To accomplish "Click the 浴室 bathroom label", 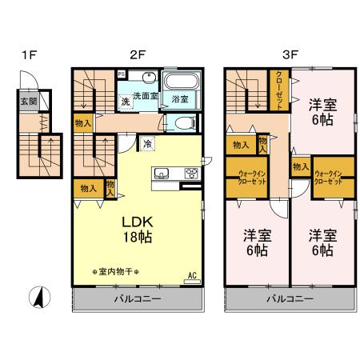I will pyautogui.click(x=180, y=99).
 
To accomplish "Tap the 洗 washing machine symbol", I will pyautogui.click(x=126, y=102).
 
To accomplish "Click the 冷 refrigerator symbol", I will pyautogui.click(x=149, y=144).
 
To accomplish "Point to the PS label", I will pyautogui.click(x=121, y=74).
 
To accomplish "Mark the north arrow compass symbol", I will pyautogui.click(x=36, y=300).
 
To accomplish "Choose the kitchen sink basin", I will pyautogui.click(x=160, y=173).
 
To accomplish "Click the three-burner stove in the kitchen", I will pyautogui.click(x=191, y=173).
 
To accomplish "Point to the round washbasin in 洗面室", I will pyautogui.click(x=148, y=79).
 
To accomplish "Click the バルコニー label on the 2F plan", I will pyautogui.click(x=138, y=299).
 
